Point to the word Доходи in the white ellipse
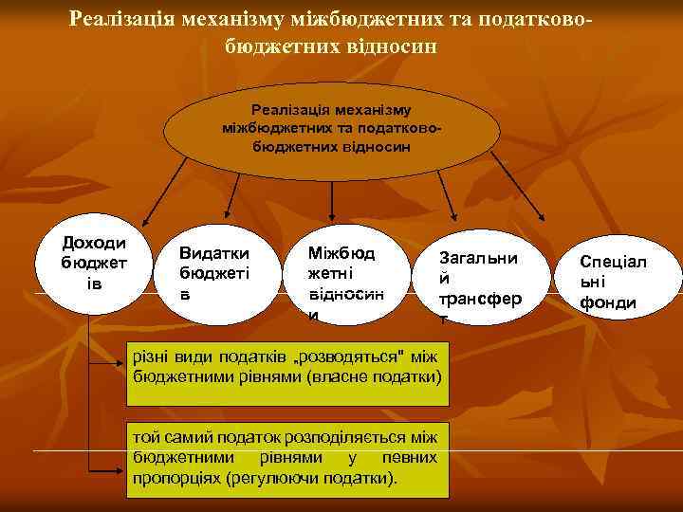(x=93, y=244)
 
